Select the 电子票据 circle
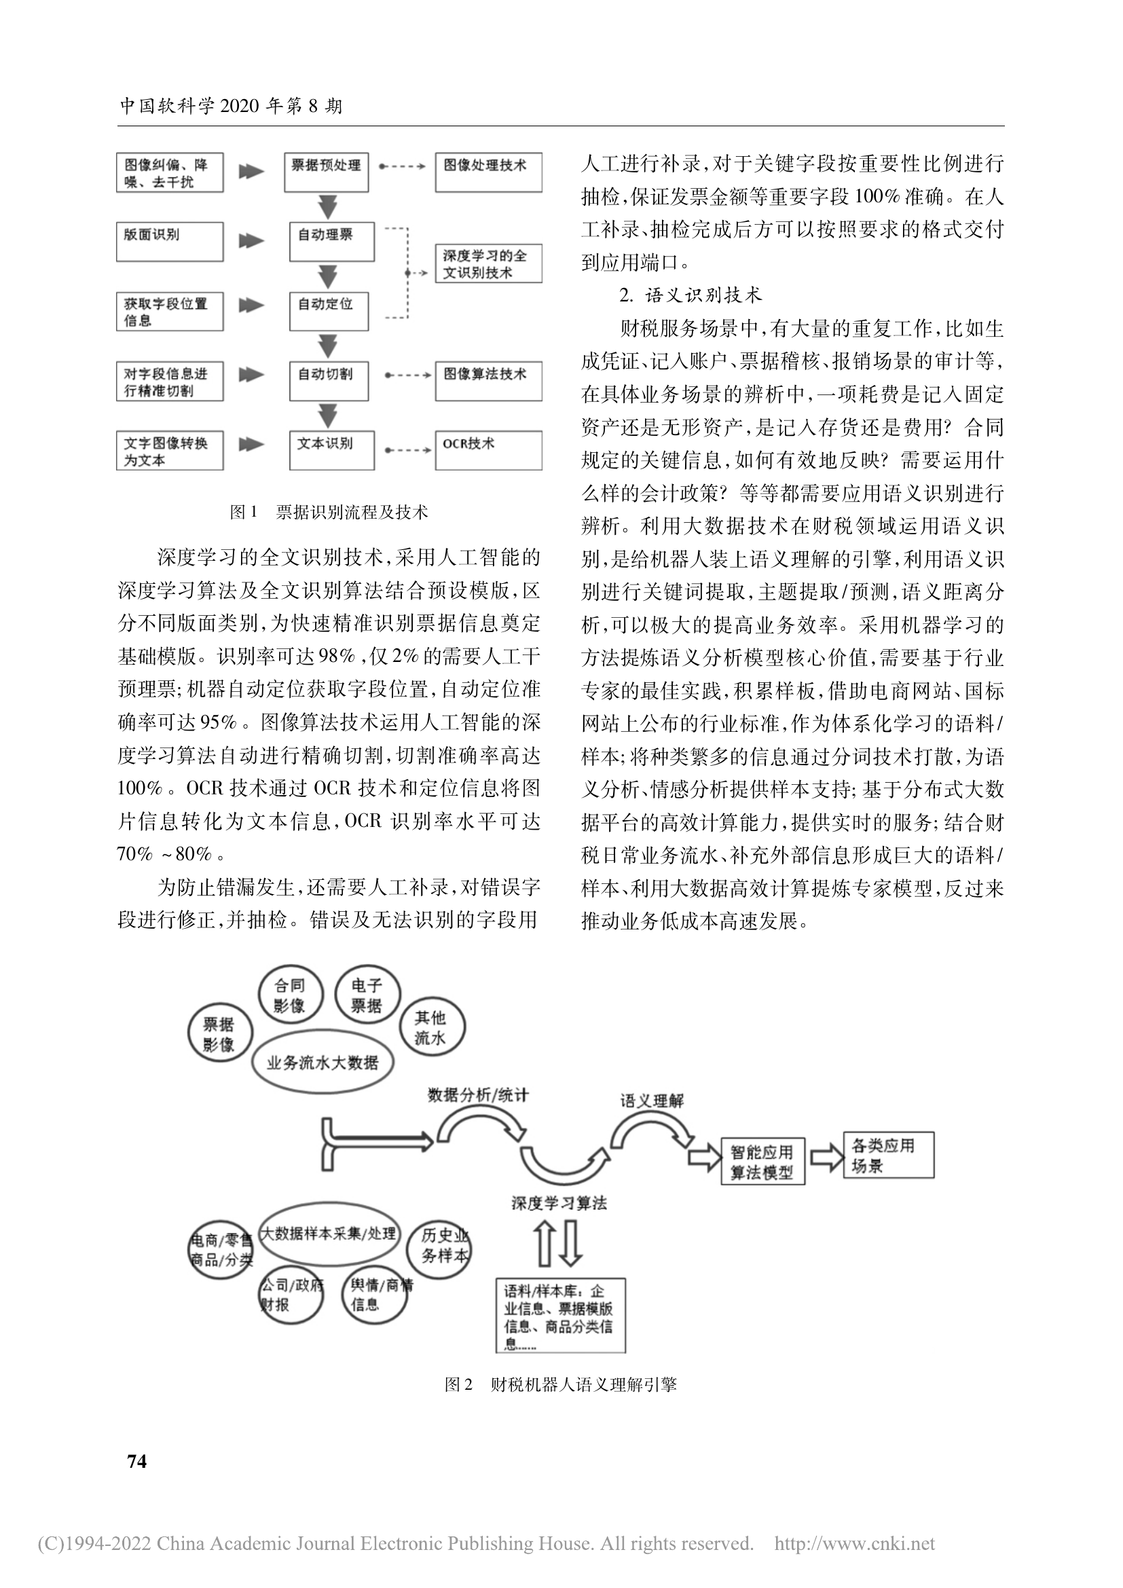click(x=367, y=995)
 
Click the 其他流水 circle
click(x=432, y=1029)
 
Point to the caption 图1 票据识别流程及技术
click(x=329, y=512)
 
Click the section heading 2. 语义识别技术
click(x=691, y=295)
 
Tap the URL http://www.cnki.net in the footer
click(x=855, y=1543)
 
